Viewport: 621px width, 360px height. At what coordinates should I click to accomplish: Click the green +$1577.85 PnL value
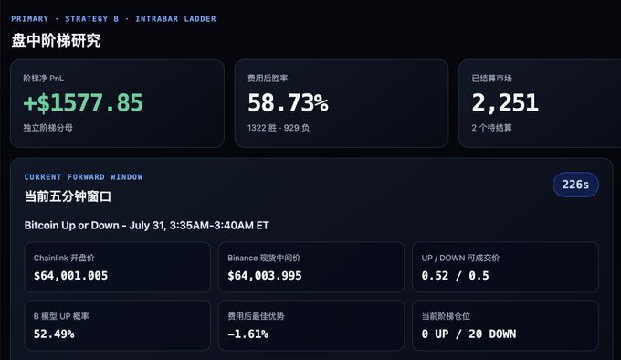click(x=83, y=103)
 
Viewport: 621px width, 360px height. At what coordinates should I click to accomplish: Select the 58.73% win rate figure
click(x=288, y=103)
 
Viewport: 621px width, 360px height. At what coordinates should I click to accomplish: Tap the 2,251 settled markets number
click(x=505, y=103)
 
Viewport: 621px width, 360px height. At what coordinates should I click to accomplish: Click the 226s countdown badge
click(x=575, y=185)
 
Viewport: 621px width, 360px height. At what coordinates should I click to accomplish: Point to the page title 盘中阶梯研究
click(x=56, y=40)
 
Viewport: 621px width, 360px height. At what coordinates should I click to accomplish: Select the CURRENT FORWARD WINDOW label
click(x=84, y=177)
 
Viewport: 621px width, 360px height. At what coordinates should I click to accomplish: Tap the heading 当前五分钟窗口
click(x=68, y=196)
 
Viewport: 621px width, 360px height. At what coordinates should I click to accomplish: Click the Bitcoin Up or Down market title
click(x=146, y=226)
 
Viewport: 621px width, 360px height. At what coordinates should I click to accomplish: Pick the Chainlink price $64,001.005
click(x=70, y=276)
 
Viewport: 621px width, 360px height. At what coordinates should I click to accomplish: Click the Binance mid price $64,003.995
click(x=265, y=276)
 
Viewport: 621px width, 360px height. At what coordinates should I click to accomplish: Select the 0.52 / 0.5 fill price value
click(x=455, y=276)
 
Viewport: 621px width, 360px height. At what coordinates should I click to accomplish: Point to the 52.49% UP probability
click(x=54, y=334)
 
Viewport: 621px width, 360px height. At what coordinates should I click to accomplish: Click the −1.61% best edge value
click(x=247, y=334)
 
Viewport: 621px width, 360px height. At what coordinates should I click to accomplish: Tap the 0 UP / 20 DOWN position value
click(x=468, y=334)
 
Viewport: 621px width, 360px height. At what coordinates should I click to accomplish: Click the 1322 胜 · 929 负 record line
click(x=279, y=128)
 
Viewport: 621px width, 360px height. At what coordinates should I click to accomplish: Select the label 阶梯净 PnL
click(x=44, y=79)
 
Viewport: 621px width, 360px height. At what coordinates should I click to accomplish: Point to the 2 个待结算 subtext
click(x=492, y=128)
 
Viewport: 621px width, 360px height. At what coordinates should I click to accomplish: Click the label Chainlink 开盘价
click(x=64, y=259)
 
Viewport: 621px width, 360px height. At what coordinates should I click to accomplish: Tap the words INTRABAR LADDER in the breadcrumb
click(x=176, y=18)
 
